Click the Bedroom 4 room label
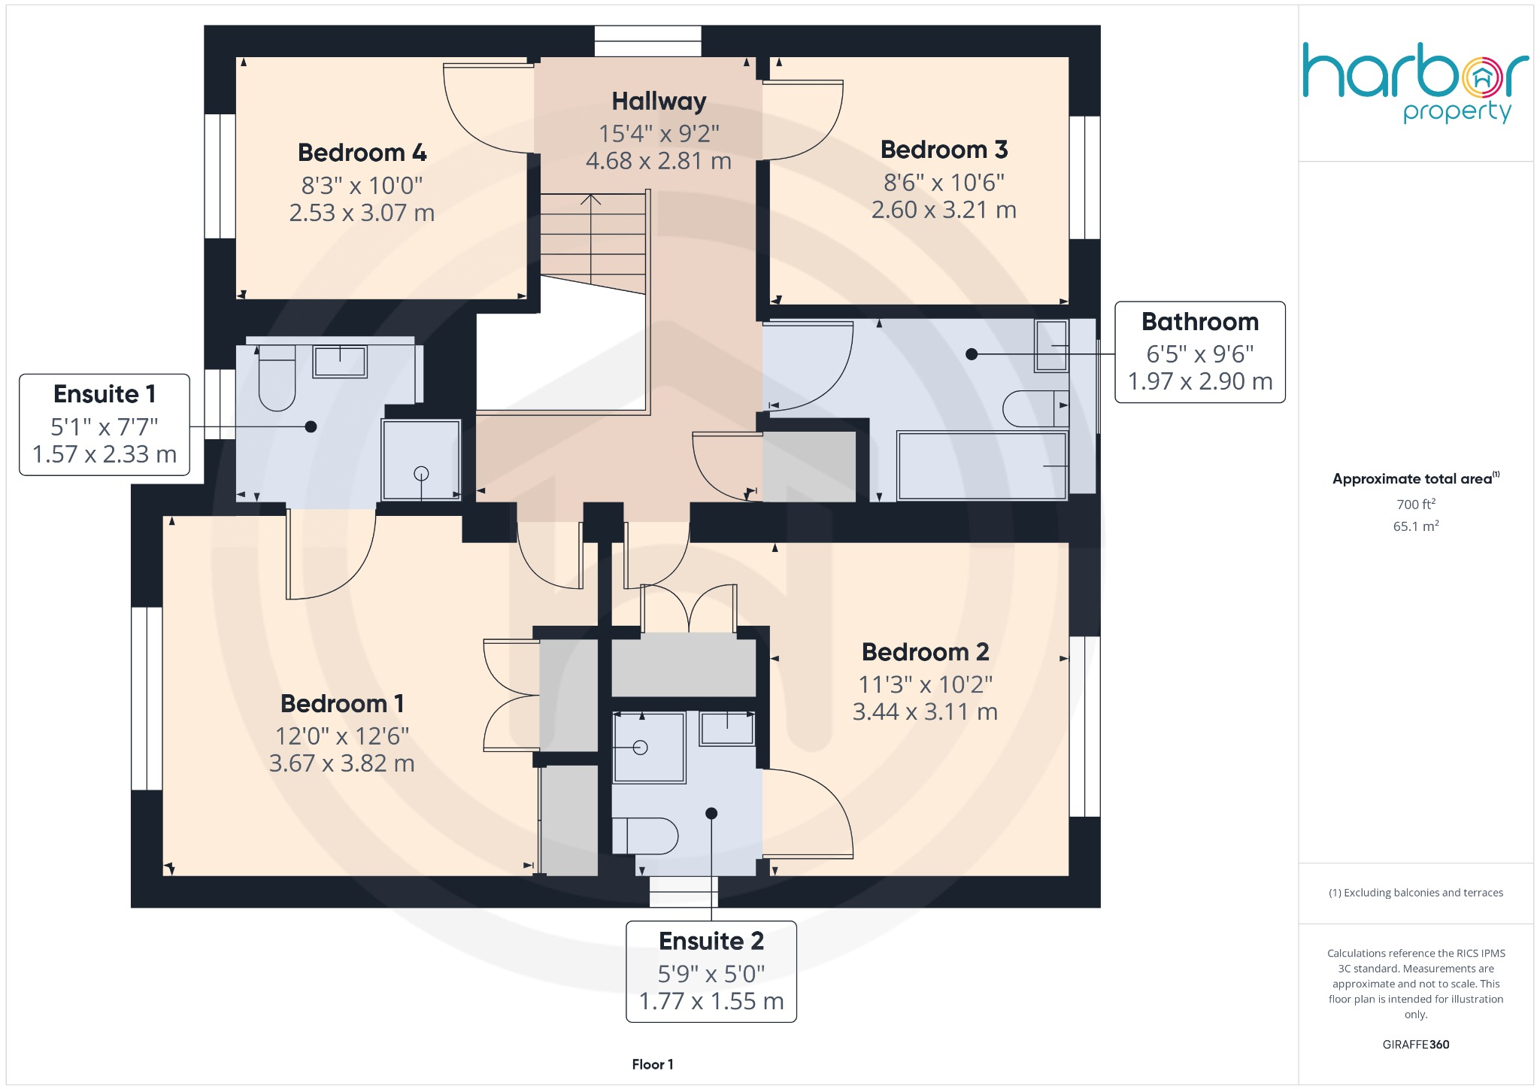[x=362, y=153]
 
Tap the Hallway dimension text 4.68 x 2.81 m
[x=658, y=161]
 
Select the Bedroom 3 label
[x=944, y=150]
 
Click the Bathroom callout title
[x=1199, y=322]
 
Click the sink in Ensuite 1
[x=340, y=362]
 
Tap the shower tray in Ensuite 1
[x=421, y=460]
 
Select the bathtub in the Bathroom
[x=981, y=466]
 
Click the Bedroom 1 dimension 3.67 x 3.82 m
[x=341, y=763]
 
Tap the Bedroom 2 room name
[x=925, y=652]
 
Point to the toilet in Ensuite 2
[x=645, y=836]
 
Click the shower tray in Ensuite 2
[x=648, y=748]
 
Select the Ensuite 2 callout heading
[x=711, y=941]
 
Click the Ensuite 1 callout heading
[x=105, y=394]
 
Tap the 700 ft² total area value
[x=1415, y=505]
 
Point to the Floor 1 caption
[x=652, y=1064]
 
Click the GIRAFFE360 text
[x=1415, y=1045]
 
